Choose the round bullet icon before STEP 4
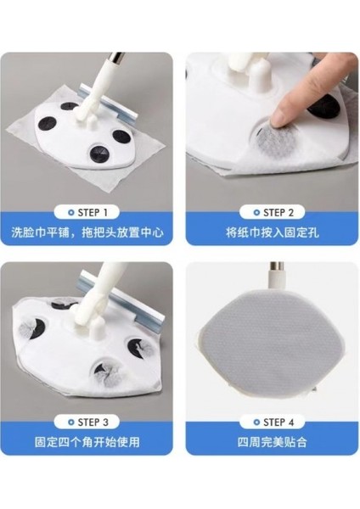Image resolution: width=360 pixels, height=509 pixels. (x=239, y=421)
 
